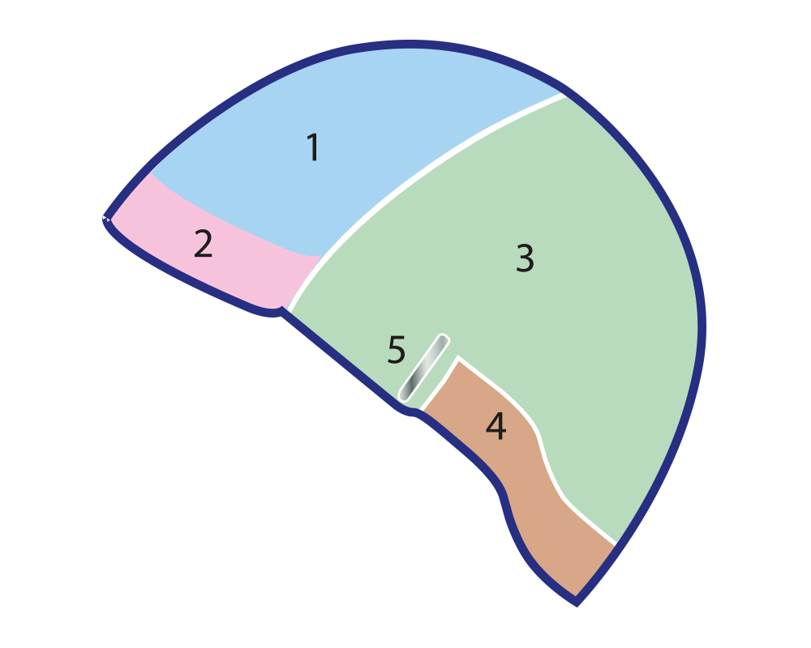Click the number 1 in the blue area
pos(313,148)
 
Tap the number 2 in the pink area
pos(203,245)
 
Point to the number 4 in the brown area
pos(496,426)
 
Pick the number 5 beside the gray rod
pos(396,351)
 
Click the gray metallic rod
pos(424,368)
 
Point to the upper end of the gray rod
pos(442,339)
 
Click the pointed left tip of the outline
pos(106,218)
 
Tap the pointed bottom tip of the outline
pos(576,602)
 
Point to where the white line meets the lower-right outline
pos(616,541)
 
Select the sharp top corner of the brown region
pos(458,357)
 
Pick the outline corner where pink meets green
pos(284,311)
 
